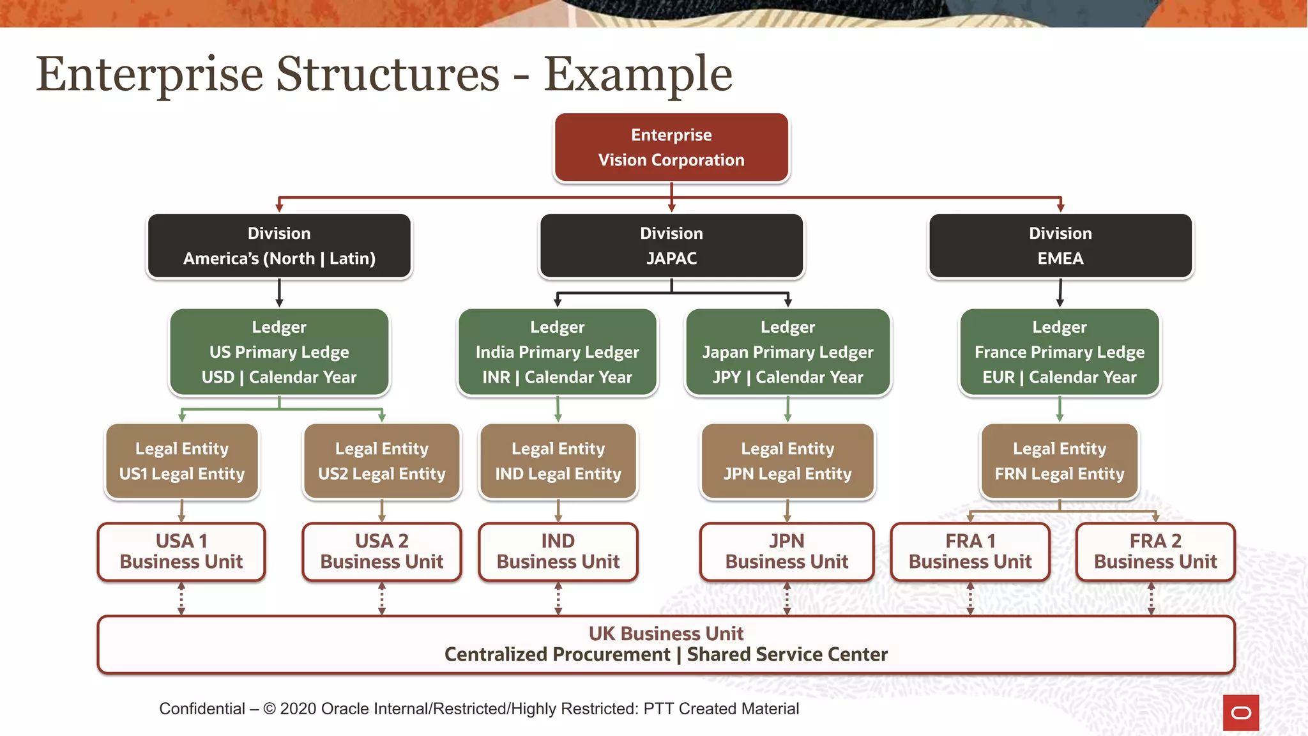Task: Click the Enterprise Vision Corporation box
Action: coord(671,148)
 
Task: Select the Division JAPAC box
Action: coord(671,246)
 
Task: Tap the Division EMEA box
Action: coord(1060,246)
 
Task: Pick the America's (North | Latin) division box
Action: coord(279,246)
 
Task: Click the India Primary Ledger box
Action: coord(557,352)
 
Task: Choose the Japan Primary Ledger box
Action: coord(787,352)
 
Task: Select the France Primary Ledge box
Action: coord(1059,352)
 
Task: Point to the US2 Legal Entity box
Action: coord(381,461)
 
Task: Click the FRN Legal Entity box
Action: coord(1059,461)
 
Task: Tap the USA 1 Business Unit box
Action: coord(181,551)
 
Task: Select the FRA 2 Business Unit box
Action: coord(1155,551)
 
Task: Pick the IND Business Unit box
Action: coord(558,551)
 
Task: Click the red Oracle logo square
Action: coord(1240,712)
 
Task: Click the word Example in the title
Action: coord(637,75)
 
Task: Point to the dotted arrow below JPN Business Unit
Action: coord(787,599)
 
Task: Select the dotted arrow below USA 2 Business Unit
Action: coord(382,599)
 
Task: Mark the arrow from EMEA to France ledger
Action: coord(1060,293)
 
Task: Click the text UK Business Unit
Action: coord(665,633)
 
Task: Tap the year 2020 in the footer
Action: coord(298,709)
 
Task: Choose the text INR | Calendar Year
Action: coord(557,377)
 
